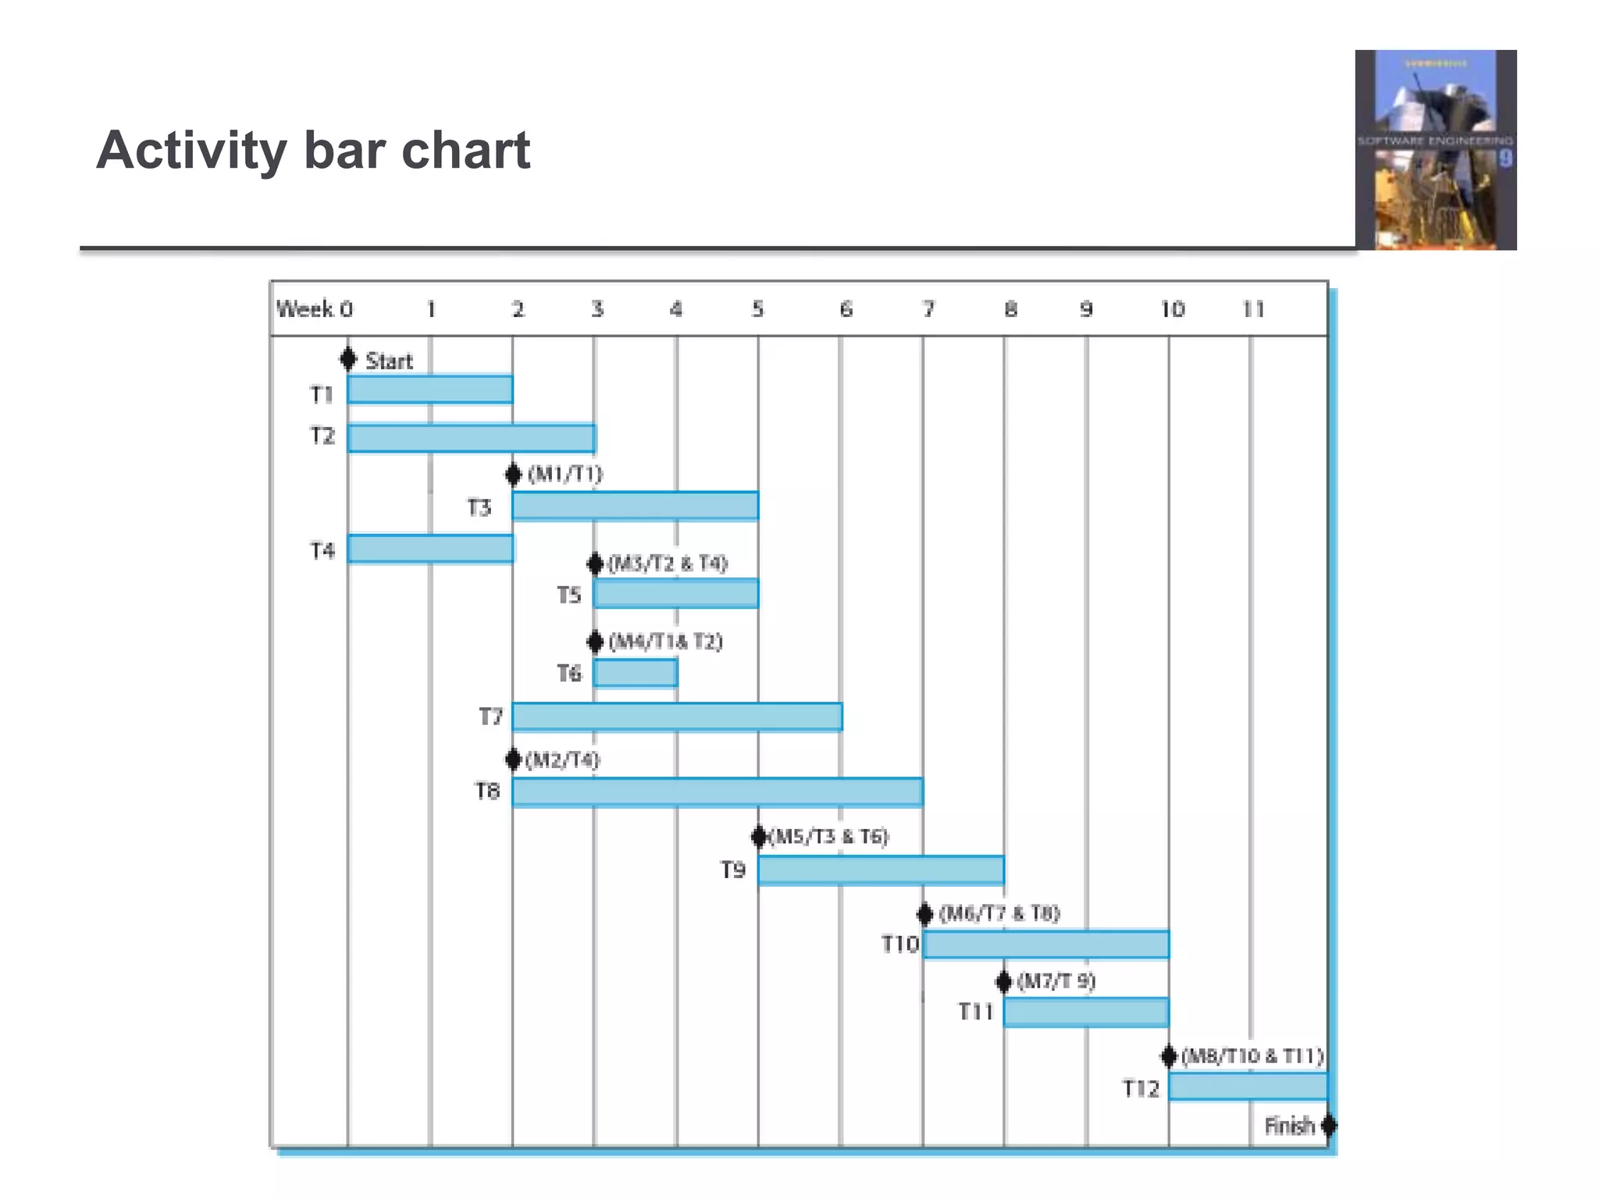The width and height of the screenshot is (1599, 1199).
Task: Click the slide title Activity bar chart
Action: coord(313,150)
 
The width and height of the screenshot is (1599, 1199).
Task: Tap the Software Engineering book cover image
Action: coord(1435,150)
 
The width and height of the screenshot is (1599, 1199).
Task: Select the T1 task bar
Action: coord(430,390)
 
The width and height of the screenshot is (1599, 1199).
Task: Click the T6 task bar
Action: coord(635,673)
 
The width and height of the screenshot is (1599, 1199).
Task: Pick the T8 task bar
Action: coord(717,792)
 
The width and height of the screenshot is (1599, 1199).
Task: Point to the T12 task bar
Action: coord(1247,1086)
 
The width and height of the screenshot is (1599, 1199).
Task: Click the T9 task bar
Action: coord(880,870)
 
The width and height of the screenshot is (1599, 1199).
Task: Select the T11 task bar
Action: coord(1085,1012)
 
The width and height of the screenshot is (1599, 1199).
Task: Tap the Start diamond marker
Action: coord(348,359)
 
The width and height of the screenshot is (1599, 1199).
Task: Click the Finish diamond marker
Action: coord(1328,1125)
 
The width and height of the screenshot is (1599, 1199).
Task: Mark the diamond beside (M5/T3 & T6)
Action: coord(758,837)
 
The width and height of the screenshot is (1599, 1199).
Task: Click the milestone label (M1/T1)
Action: coord(565,474)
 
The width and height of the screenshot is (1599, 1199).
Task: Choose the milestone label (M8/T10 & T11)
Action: coord(1252,1056)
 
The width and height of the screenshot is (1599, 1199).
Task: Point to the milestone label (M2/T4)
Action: coord(562,760)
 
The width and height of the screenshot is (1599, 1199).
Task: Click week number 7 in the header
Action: coord(928,310)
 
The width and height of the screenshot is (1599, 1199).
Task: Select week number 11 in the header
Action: coord(1252,310)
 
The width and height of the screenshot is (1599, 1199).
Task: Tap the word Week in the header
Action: coord(304,309)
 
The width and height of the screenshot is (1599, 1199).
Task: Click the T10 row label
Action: coord(899,945)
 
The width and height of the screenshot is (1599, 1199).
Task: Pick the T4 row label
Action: coord(322,551)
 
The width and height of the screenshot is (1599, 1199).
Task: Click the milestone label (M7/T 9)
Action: coord(1056,981)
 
